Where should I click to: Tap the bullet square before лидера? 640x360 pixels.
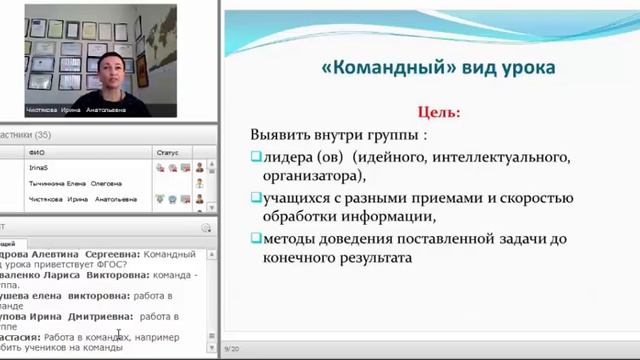tap(255, 156)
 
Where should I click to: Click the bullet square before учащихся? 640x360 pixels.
tap(255, 197)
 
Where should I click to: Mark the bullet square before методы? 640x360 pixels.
tap(255, 238)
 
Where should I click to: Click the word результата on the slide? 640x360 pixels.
tap(358, 258)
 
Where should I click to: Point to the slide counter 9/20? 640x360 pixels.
tap(231, 348)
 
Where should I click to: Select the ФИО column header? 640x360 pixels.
tap(38, 152)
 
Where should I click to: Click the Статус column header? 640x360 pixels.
tap(167, 152)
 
